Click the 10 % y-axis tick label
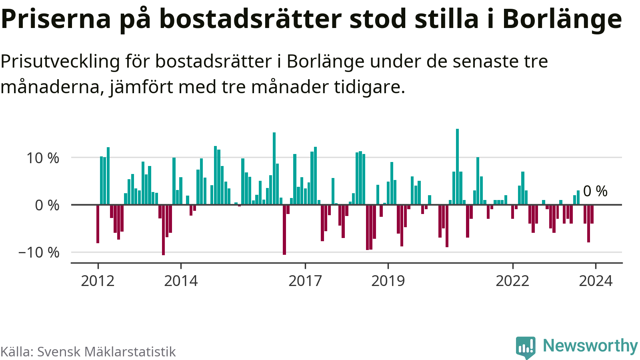pos(43,158)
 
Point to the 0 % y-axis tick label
pos(47,205)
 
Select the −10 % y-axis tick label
pos(39,252)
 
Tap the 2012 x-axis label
pos(98,281)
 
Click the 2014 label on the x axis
pos(181,281)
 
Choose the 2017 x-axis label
pos(305,281)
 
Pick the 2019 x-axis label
pos(388,281)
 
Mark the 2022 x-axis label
pos(512,281)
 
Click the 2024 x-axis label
pos(596,281)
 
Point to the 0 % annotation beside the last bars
pos(595,191)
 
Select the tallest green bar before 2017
pos(274,168)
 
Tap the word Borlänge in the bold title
pos(562,19)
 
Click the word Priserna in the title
pos(56,19)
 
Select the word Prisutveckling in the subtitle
pos(60,62)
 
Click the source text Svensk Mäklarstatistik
pos(106,352)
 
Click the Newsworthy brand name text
pos(590,346)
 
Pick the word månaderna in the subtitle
pos(50,87)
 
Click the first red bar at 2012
pos(98,224)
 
